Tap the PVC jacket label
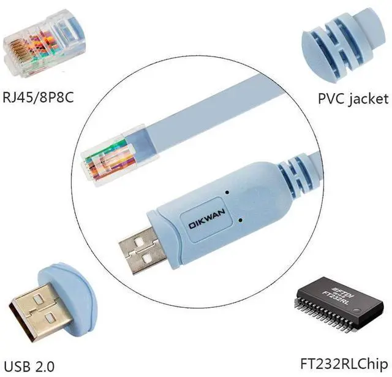[x=352, y=98]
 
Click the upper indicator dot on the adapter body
[x=227, y=192]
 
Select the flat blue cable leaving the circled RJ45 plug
[x=202, y=123]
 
